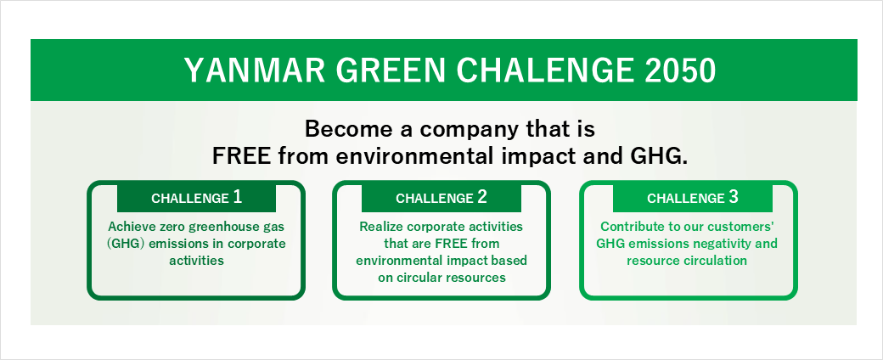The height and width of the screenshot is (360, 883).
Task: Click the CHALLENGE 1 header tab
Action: coord(196,197)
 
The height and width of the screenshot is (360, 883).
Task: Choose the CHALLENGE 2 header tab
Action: coord(441,197)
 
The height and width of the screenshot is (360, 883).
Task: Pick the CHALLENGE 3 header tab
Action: coord(693,197)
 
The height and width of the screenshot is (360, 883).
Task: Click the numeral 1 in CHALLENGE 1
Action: coord(237,197)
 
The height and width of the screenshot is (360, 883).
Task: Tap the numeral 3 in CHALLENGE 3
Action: coord(734,197)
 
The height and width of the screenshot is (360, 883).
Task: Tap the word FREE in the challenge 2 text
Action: coord(450,244)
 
